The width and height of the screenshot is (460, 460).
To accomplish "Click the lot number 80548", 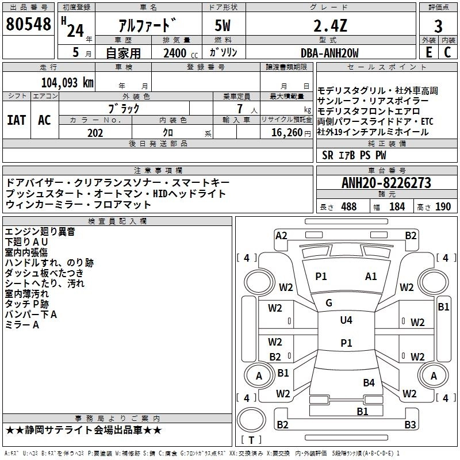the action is tap(29, 25).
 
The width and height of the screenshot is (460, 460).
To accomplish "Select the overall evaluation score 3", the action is tap(438, 26).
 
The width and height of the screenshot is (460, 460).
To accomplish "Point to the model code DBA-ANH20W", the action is tap(329, 53).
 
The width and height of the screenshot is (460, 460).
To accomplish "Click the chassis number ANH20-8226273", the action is tap(386, 183).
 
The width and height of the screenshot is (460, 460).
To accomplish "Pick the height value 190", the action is tap(443, 206).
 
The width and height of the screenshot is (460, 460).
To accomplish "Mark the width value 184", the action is tap(397, 206).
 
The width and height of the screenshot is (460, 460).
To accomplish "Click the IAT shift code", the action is tap(16, 120).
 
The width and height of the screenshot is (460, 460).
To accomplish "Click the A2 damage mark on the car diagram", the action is tap(281, 235).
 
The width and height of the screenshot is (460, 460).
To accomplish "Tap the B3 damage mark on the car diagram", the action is tap(410, 425).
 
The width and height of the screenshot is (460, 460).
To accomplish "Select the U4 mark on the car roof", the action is tap(346, 320).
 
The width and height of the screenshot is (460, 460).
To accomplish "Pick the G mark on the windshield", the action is tap(329, 303).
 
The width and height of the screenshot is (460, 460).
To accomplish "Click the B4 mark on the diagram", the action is tap(369, 382).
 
